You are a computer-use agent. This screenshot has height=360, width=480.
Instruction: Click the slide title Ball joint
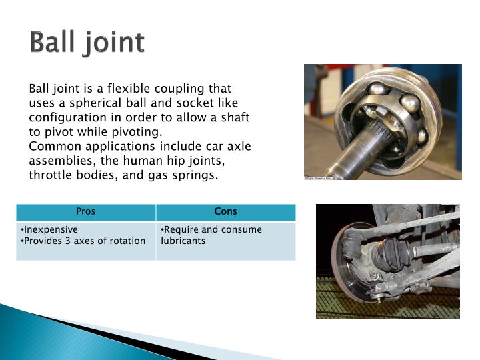tap(87, 43)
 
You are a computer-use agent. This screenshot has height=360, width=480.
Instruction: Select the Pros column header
tap(86, 212)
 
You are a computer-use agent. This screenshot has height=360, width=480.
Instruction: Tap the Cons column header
tap(225, 212)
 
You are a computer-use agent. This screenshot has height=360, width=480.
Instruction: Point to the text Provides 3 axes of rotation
tap(84, 241)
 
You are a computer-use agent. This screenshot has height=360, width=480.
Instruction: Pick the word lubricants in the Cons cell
tap(183, 241)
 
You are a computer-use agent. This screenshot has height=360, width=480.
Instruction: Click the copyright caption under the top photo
tap(319, 178)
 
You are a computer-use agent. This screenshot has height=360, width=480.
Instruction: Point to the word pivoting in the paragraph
tap(141, 132)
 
